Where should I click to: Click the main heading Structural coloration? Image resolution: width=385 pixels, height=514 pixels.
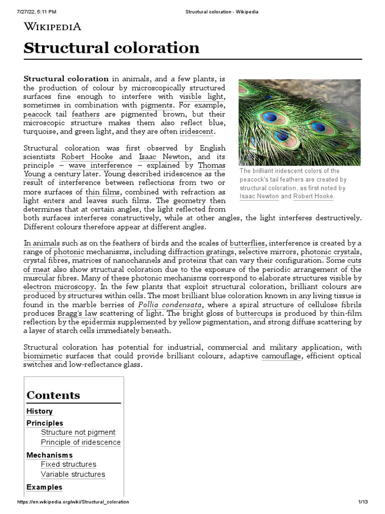pos(111,48)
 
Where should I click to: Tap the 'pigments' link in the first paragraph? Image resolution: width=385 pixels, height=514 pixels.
pos(157,105)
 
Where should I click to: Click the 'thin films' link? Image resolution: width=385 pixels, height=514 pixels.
pos(102,192)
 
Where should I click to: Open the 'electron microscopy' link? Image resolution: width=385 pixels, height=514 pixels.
pos(59,287)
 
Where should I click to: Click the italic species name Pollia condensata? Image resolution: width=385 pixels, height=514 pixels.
pos(163,305)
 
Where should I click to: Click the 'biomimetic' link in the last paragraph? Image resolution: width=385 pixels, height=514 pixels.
pos(43,356)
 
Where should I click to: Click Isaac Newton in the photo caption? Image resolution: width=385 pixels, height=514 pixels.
pos(259,196)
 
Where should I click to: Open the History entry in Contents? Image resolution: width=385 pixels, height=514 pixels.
pos(39,411)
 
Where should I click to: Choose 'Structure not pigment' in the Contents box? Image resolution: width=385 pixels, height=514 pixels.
pos(78,432)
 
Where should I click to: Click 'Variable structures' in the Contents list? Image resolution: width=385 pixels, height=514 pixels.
pos(73,474)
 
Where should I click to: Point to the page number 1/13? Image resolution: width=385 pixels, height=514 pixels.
pos(363,502)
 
